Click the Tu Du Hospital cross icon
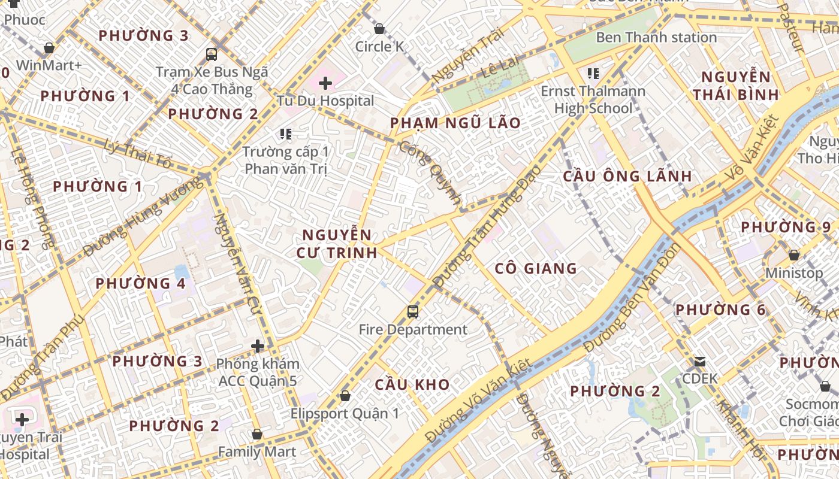(325, 83)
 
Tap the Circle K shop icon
(379, 29)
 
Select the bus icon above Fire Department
(412, 311)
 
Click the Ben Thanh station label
(656, 37)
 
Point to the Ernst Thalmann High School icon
(593, 74)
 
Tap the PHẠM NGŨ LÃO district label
(455, 123)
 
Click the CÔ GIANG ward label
(536, 268)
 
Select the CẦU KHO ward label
(412, 384)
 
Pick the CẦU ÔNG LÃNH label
(627, 176)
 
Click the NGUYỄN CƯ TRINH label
(337, 243)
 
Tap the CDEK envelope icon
(699, 362)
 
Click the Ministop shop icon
(794, 255)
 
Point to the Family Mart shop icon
(257, 434)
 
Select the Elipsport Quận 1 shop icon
(345, 396)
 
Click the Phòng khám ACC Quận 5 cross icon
(258, 346)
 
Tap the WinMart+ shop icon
(49, 48)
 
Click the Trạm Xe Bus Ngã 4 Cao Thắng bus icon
(212, 54)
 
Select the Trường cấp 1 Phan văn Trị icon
(285, 134)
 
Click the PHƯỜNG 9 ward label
(786, 228)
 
